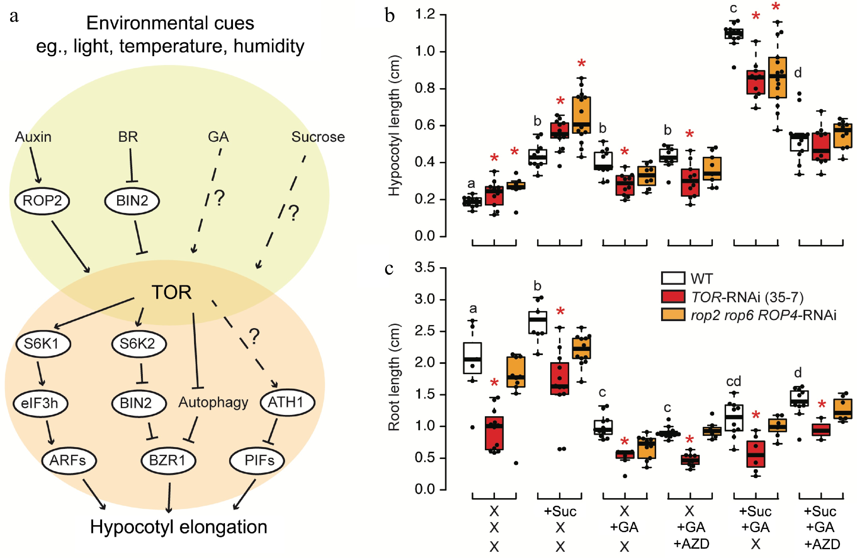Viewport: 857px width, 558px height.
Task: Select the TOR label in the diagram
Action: (171, 292)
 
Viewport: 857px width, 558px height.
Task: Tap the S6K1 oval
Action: (43, 344)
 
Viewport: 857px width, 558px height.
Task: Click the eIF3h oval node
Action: (40, 403)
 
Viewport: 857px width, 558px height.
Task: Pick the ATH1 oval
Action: (287, 402)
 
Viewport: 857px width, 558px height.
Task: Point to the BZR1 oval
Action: (168, 460)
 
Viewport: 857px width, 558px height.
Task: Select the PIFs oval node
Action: (257, 460)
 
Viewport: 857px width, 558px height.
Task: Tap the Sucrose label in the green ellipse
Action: (318, 137)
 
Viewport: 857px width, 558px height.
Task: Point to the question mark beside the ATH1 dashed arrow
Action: (254, 336)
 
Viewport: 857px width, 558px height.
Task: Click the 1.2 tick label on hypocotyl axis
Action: (425, 15)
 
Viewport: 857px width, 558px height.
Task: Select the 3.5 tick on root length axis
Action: (425, 268)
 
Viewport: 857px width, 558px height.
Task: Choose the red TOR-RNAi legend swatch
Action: (673, 296)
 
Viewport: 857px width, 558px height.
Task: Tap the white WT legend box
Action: (673, 278)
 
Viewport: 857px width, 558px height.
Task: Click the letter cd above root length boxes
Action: (733, 381)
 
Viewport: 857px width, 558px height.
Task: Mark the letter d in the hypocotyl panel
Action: (798, 73)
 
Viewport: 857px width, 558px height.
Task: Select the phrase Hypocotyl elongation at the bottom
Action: (179, 527)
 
